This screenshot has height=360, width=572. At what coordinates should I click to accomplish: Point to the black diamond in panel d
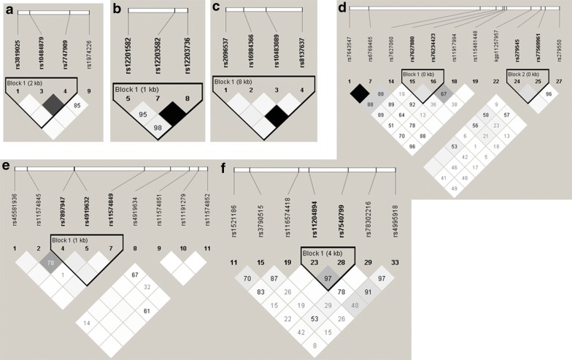coord(359,92)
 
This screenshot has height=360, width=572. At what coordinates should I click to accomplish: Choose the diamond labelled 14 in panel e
coord(87,322)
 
